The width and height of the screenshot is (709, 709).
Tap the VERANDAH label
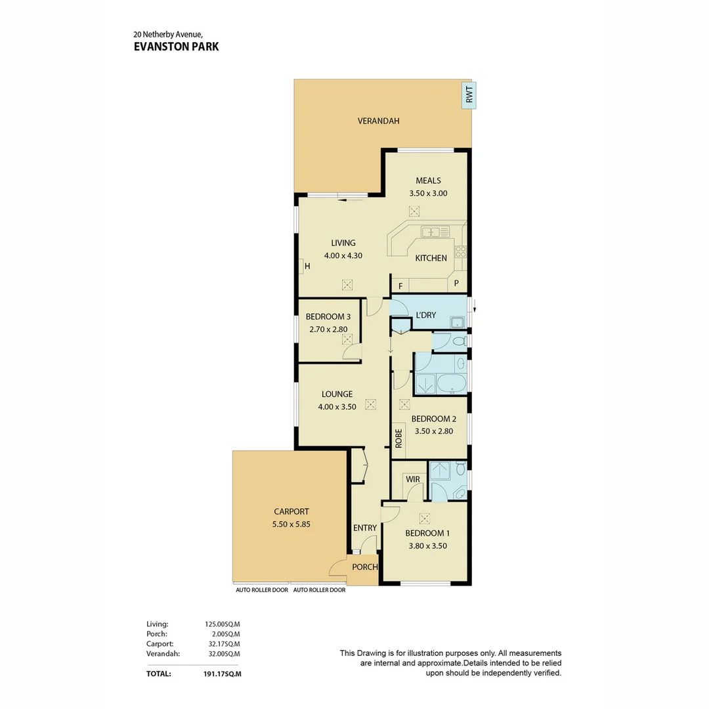(x=378, y=121)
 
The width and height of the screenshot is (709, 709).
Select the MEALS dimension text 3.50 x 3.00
(x=427, y=193)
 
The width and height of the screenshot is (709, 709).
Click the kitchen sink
(x=435, y=231)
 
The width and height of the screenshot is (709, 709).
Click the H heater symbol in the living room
(x=306, y=266)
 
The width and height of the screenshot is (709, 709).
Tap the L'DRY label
(x=426, y=315)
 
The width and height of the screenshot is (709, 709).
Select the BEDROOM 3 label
(x=328, y=317)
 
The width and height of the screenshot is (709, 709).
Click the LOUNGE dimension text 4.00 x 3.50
(x=337, y=406)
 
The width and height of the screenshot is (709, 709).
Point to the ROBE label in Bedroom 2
(x=398, y=437)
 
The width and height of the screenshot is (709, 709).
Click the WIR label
(x=412, y=480)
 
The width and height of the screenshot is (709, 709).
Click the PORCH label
(x=365, y=567)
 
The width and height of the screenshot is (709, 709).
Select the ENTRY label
(x=365, y=528)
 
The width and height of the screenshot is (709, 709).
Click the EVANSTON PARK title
(x=176, y=47)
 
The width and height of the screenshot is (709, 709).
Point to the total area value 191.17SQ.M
(x=223, y=674)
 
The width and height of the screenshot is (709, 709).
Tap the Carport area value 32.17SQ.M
(x=223, y=644)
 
